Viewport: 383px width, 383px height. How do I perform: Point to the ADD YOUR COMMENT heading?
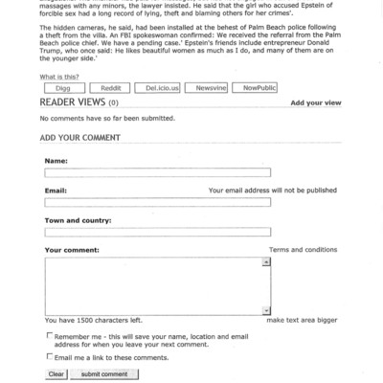pos(80,138)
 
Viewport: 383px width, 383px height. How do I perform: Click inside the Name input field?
pos(157,173)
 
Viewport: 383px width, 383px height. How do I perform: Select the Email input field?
pos(157,203)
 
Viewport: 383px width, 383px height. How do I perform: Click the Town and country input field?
pos(157,233)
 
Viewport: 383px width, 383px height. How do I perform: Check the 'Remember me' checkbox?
pos(49,337)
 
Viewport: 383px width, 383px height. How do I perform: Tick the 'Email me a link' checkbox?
pos(49,356)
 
